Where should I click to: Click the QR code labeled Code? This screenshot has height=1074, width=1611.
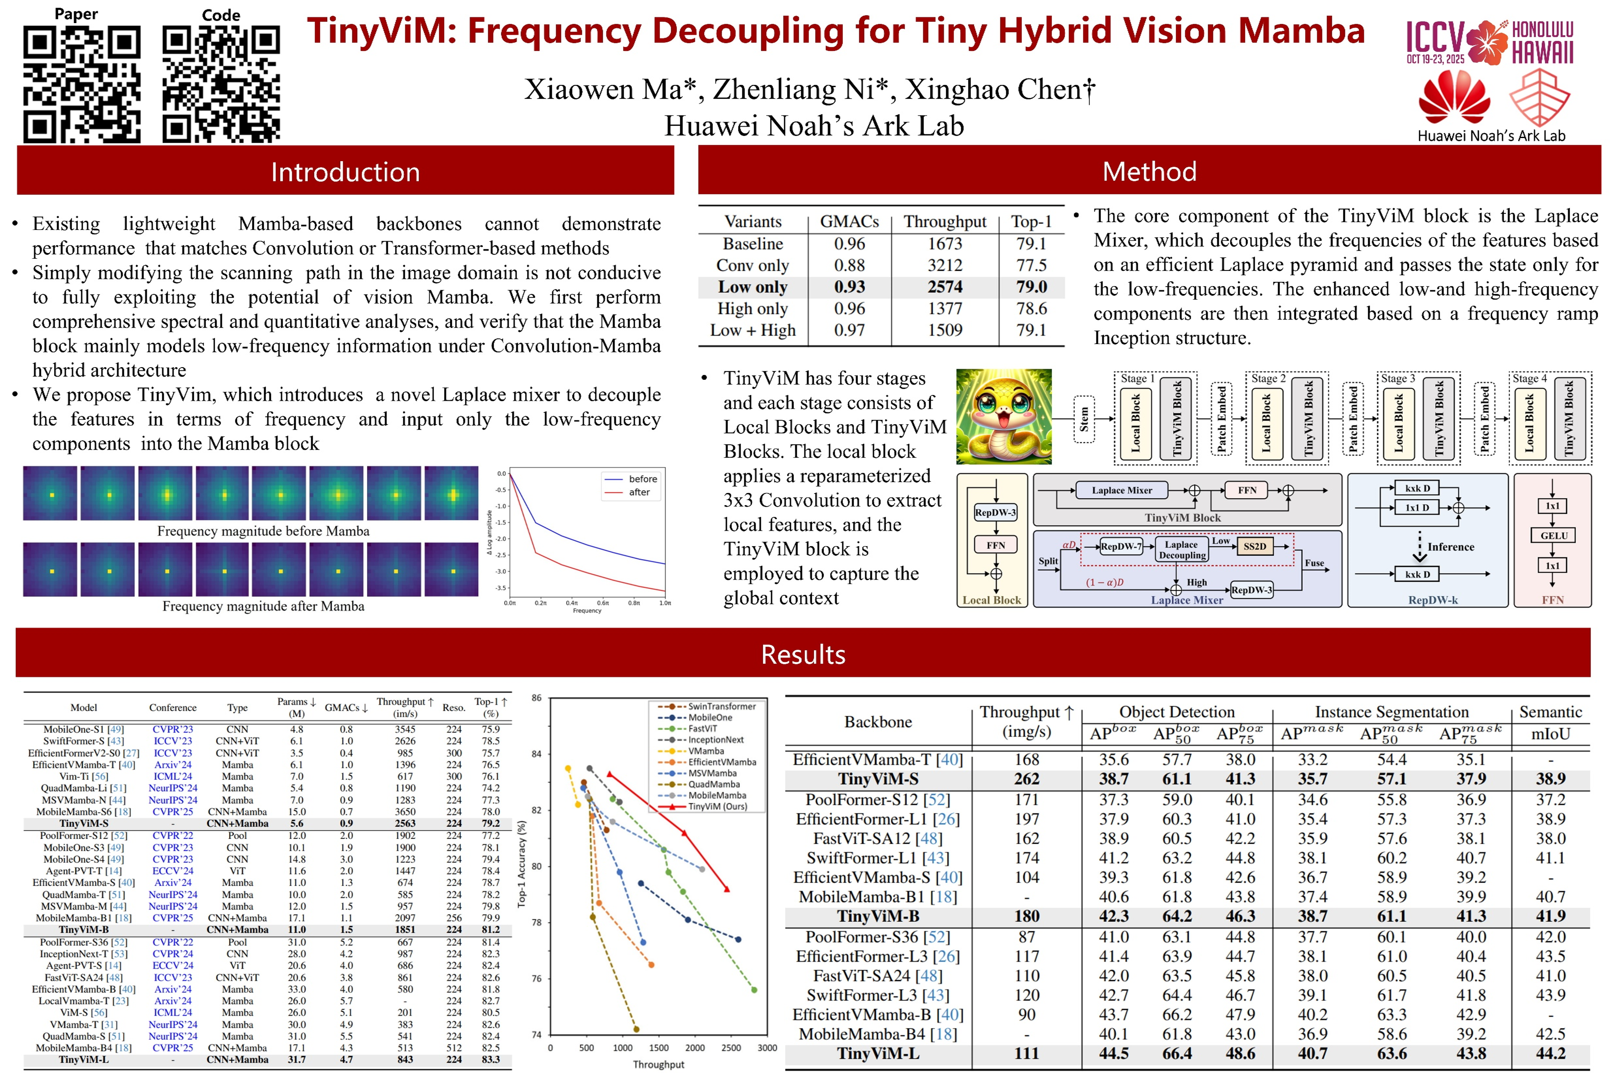(221, 84)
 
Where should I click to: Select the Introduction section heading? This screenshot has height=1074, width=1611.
(345, 172)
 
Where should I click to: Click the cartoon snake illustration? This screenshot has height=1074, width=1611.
(1003, 417)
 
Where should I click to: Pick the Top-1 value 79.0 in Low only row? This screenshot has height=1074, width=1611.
(1031, 287)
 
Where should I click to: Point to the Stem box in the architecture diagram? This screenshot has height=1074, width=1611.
(1083, 419)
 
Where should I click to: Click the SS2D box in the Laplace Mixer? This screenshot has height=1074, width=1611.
(1254, 546)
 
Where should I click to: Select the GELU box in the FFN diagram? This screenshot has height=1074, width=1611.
(1553, 536)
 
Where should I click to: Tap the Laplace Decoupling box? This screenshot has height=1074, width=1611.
(1181, 549)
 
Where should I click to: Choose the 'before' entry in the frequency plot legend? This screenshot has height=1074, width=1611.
(642, 479)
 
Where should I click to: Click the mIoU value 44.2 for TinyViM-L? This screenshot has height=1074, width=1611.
(1550, 1053)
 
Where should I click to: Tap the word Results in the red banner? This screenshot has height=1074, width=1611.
(803, 655)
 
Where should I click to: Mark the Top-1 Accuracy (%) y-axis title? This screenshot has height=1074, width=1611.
(522, 864)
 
